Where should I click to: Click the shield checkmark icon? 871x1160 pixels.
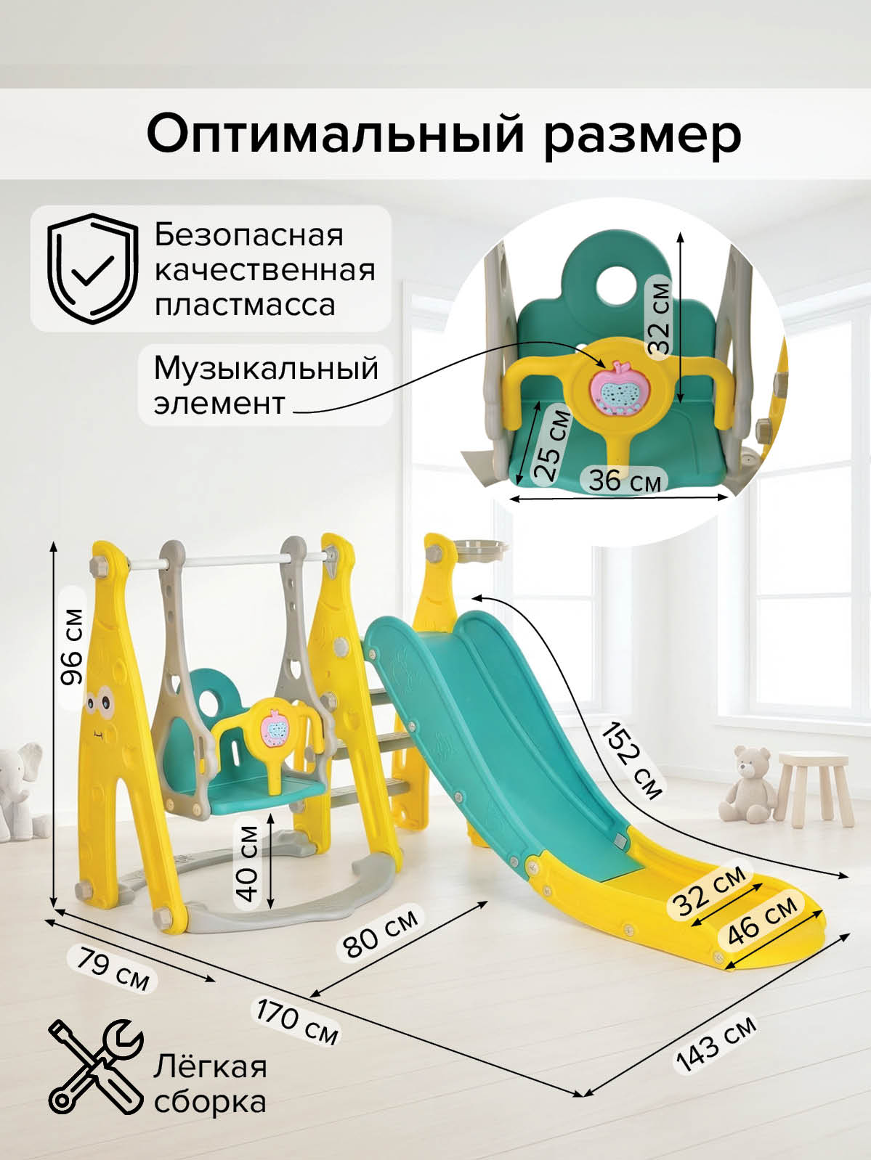92,269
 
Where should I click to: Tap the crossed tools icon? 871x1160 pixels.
94,1066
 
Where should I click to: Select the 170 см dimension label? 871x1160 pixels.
297,1022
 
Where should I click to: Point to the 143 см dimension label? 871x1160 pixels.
716,1043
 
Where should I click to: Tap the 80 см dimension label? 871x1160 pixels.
381,932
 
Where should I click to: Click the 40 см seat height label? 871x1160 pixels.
248,863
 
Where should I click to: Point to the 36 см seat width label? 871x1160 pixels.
625,480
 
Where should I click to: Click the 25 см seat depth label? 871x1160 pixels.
552,445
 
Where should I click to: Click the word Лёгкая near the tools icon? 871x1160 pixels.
210,1067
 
